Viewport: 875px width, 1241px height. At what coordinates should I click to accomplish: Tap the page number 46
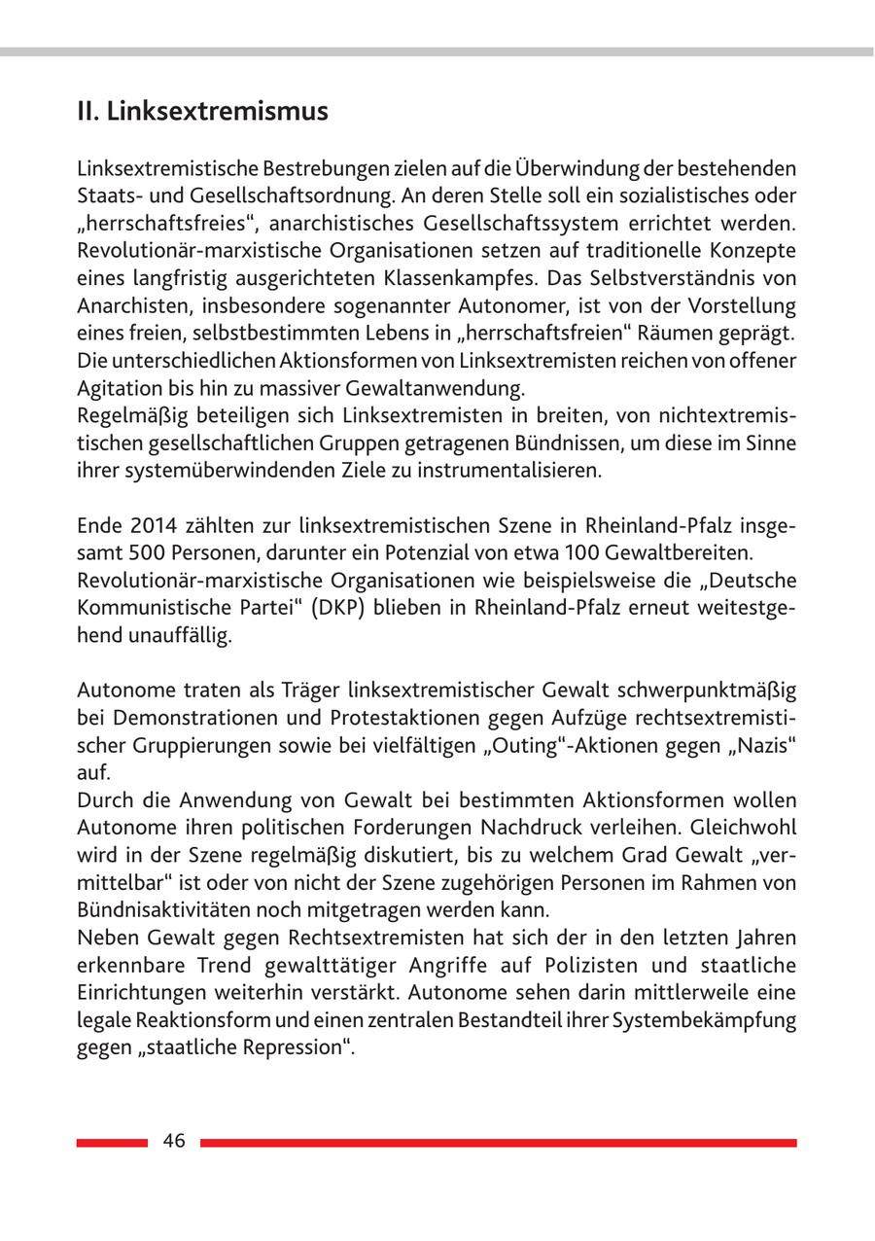coord(174,1142)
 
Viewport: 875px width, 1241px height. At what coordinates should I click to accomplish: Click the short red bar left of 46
coord(112,1143)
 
